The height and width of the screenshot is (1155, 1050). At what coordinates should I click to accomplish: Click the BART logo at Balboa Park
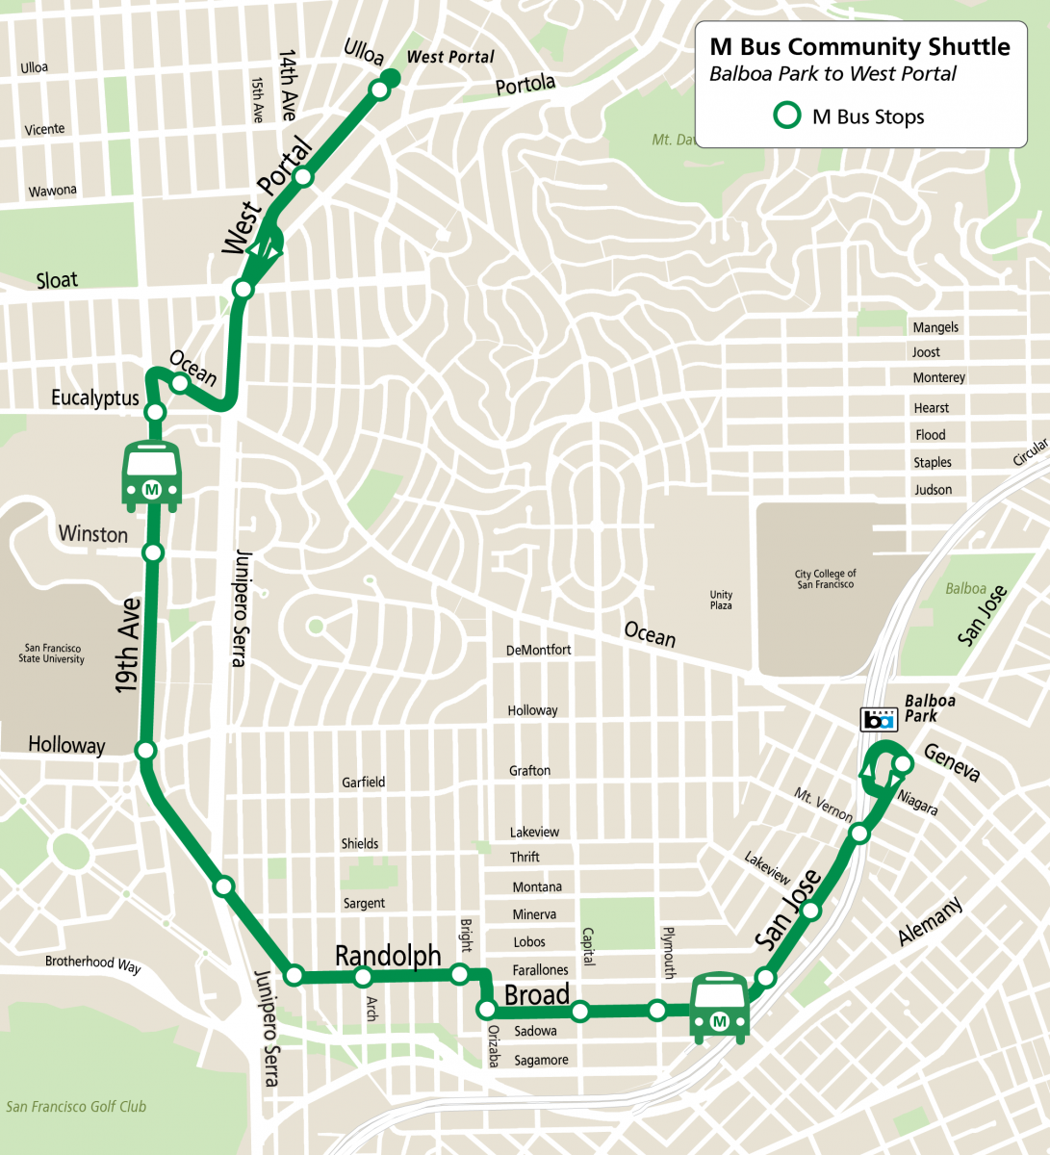(x=879, y=718)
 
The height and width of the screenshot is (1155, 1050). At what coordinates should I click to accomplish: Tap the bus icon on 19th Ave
(x=151, y=475)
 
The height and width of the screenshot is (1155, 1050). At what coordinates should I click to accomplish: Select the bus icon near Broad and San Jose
(x=719, y=1008)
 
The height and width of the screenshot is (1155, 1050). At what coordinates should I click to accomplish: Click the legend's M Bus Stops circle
(x=788, y=116)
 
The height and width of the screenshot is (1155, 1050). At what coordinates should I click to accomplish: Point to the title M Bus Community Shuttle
(x=859, y=47)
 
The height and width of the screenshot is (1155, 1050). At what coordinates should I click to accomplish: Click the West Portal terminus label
(x=450, y=57)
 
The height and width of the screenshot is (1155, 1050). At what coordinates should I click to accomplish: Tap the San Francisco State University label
(x=52, y=654)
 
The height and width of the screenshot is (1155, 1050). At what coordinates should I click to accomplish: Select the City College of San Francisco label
(x=825, y=578)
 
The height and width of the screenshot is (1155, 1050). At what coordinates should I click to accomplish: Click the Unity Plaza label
(x=721, y=600)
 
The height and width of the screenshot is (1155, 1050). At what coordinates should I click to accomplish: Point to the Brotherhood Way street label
(x=92, y=962)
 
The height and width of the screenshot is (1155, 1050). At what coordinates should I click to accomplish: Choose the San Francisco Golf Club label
(x=76, y=1107)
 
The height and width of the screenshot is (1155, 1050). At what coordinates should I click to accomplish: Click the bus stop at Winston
(x=152, y=552)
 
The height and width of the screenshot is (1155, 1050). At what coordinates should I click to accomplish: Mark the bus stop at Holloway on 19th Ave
(x=146, y=751)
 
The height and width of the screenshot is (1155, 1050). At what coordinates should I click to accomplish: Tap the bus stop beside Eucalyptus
(x=155, y=413)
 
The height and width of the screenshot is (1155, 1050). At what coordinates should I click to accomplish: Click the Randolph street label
(x=388, y=956)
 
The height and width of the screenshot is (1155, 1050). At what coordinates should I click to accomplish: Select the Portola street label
(x=525, y=85)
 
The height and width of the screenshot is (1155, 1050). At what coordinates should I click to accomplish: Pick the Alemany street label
(x=929, y=922)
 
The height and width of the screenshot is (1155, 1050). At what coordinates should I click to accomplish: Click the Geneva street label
(x=951, y=762)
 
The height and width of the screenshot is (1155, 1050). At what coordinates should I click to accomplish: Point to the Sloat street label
(x=57, y=280)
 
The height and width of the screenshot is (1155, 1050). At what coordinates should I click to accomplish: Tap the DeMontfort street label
(x=538, y=650)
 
